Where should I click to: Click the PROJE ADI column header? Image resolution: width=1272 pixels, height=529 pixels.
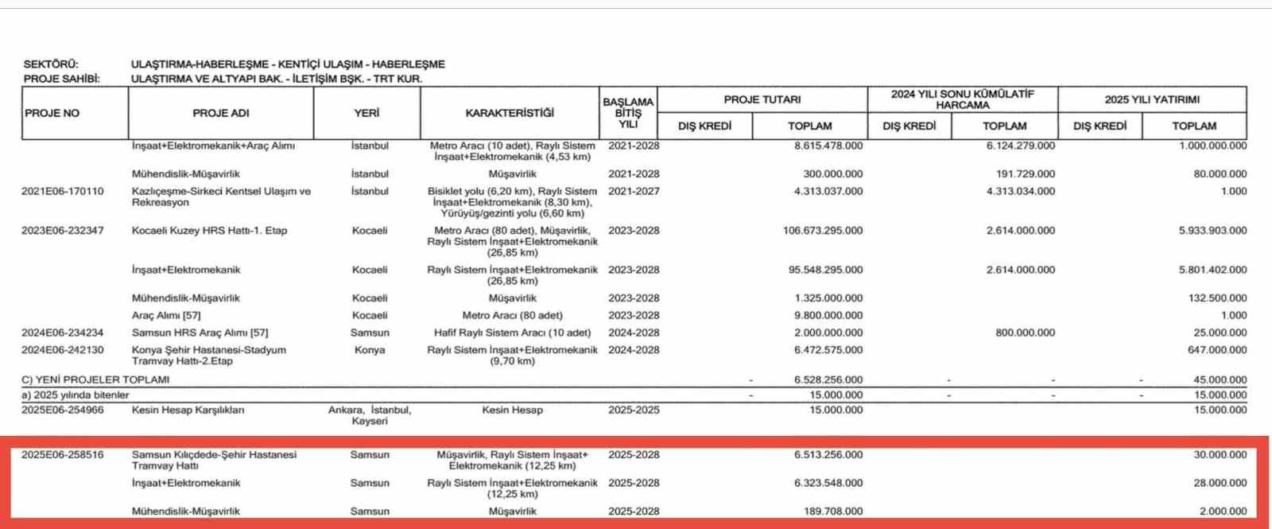click(221, 113)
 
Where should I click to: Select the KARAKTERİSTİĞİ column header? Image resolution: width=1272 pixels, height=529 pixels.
click(510, 113)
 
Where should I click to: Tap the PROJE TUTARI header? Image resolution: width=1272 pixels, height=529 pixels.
click(762, 99)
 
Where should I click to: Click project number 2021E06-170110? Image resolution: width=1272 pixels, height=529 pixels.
click(63, 192)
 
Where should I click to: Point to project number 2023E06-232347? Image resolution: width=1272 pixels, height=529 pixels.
click(63, 231)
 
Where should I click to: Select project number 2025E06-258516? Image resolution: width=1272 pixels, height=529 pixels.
click(63, 455)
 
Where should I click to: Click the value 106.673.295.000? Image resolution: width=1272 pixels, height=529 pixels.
click(823, 231)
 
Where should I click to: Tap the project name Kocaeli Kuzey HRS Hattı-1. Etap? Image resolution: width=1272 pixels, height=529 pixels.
click(209, 231)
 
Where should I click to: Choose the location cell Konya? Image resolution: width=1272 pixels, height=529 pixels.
click(370, 350)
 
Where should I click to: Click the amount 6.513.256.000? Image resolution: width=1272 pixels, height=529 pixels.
click(828, 455)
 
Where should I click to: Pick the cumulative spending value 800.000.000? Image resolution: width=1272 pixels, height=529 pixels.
click(1025, 333)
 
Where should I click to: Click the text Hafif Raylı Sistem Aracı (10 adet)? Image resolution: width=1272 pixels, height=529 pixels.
click(512, 333)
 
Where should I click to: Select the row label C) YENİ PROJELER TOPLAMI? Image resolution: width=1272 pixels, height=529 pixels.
click(95, 379)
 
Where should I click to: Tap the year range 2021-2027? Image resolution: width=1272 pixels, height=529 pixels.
click(634, 192)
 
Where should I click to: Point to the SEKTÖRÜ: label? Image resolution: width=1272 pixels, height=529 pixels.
click(51, 64)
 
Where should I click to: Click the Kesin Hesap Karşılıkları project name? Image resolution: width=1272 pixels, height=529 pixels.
click(188, 410)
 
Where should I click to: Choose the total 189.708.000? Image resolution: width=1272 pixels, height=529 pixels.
click(832, 511)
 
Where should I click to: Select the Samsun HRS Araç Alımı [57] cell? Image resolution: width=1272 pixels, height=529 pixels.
click(200, 333)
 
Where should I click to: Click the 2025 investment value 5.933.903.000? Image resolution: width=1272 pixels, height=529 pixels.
click(1212, 231)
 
